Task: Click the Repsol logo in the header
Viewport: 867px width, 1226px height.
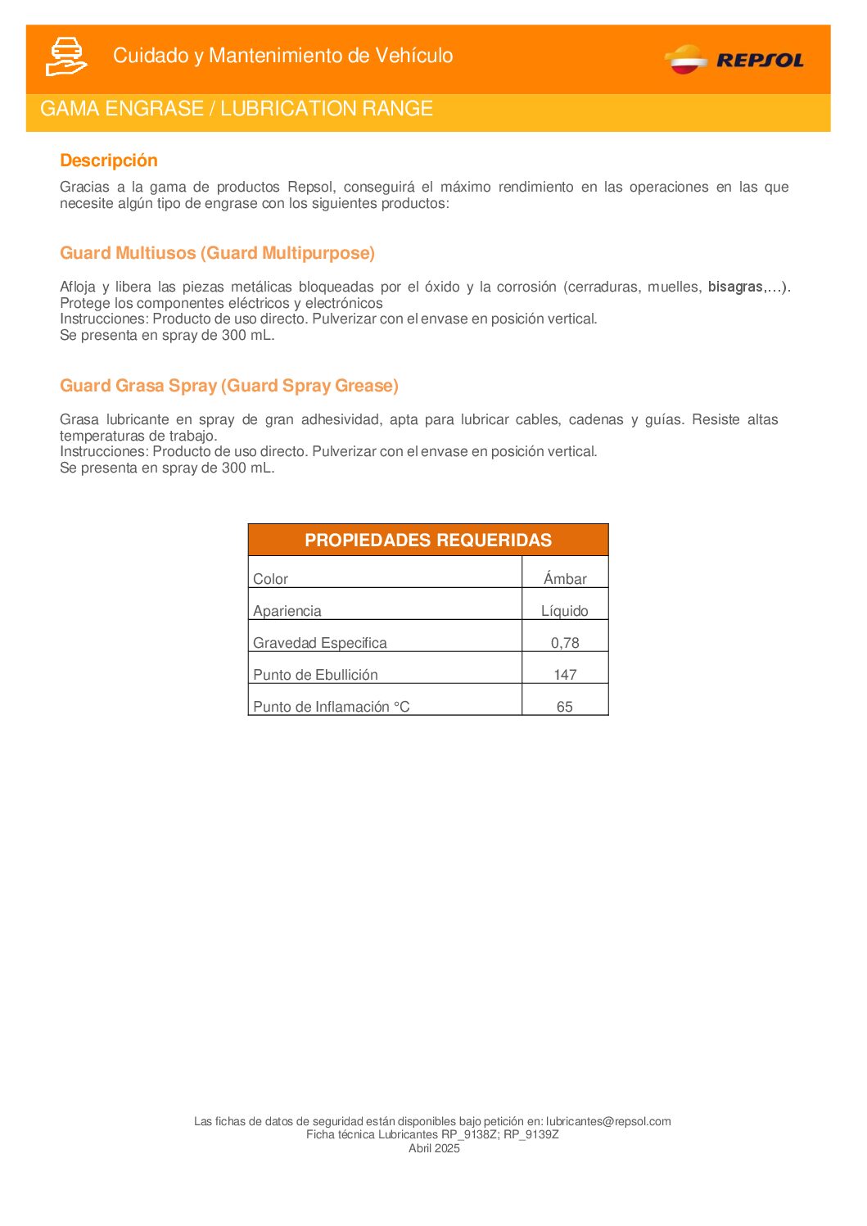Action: [734, 60]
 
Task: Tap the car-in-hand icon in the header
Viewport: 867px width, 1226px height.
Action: [65, 57]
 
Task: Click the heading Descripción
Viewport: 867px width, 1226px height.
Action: [108, 161]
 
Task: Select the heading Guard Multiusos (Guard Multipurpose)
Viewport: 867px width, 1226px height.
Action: [217, 253]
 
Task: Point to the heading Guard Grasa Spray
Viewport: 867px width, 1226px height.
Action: [228, 386]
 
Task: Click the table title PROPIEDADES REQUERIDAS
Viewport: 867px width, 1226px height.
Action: [427, 541]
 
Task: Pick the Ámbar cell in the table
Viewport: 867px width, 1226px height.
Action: [565, 579]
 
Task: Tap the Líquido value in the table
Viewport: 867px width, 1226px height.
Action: [564, 611]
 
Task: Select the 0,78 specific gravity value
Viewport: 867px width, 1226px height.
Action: [564, 643]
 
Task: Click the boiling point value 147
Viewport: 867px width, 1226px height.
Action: [565, 675]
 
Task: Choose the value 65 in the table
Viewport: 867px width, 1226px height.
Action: [564, 707]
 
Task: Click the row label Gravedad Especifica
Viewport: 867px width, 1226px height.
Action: [319, 643]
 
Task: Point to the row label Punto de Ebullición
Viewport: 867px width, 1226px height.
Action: [315, 675]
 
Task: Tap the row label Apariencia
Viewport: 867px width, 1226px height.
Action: [287, 611]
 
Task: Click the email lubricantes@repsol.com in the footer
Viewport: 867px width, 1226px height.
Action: [608, 1121]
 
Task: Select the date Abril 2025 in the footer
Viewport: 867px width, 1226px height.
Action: [434, 1148]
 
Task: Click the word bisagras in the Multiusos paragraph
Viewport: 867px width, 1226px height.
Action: [735, 287]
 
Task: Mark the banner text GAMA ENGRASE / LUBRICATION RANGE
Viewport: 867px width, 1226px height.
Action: [237, 109]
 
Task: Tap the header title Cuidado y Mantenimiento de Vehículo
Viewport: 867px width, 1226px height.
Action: [282, 56]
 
